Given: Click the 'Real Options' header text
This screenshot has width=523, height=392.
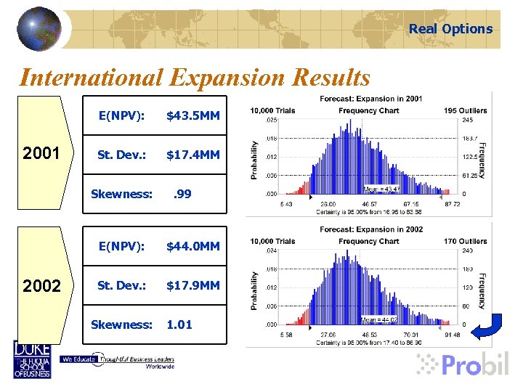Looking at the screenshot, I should [x=450, y=29].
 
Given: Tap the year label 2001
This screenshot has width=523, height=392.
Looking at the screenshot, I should [x=41, y=155].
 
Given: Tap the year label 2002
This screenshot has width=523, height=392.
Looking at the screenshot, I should [x=41, y=286].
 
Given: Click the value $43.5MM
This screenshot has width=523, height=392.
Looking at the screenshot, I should [x=192, y=115].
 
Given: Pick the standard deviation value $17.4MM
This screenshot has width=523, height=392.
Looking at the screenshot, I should [x=192, y=155].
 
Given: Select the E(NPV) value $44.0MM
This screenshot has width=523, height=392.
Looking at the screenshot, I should [x=192, y=247].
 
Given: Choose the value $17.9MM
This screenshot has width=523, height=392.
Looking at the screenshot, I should [x=192, y=285].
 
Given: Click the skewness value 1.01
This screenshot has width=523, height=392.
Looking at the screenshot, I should [x=179, y=324].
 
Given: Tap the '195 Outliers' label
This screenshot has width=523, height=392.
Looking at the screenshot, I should [x=466, y=110].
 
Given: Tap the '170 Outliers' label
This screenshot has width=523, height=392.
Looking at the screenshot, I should [x=466, y=241].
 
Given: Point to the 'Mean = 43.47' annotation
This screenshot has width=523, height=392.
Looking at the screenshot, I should [x=381, y=189].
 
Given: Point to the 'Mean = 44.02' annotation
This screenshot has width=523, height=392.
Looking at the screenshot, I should [x=378, y=319].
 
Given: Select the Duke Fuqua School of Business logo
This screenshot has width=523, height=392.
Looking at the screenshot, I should [x=32, y=359].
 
